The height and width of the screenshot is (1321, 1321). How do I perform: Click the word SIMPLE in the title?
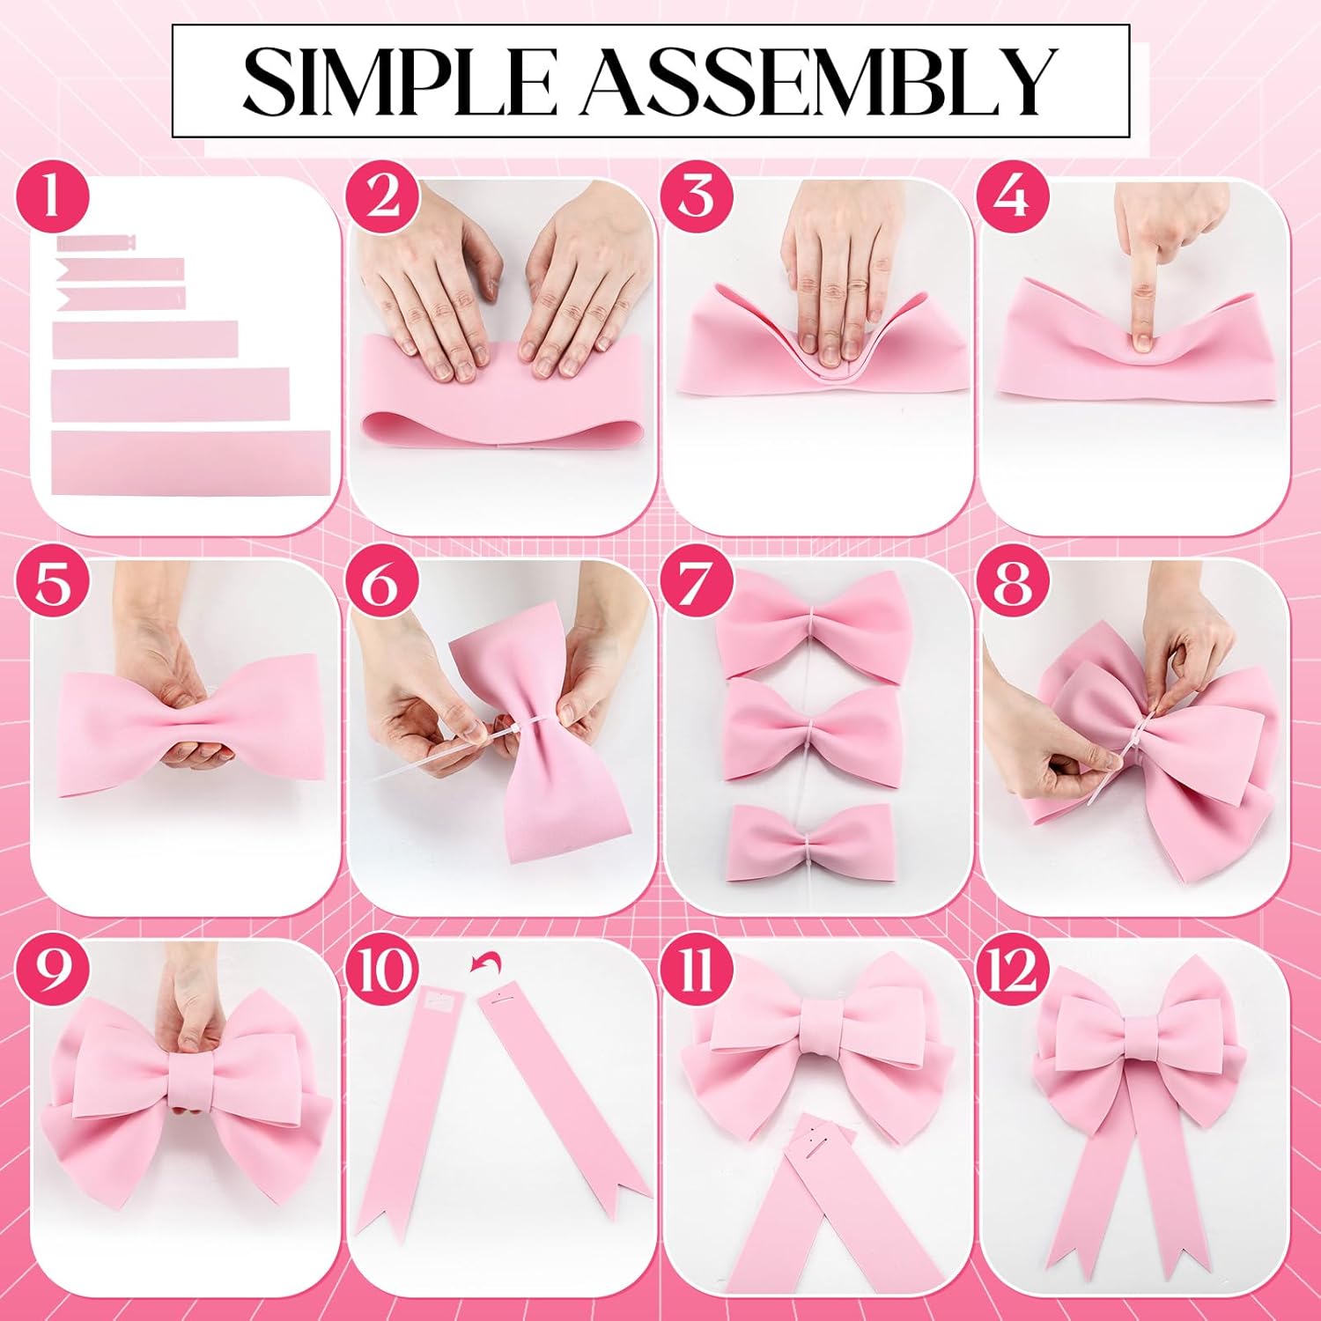coord(398,81)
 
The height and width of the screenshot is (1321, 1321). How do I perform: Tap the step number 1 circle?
coord(52,196)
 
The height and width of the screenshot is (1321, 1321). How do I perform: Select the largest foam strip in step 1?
coord(190,462)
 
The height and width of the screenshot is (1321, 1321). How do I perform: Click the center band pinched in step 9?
coord(194,1079)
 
